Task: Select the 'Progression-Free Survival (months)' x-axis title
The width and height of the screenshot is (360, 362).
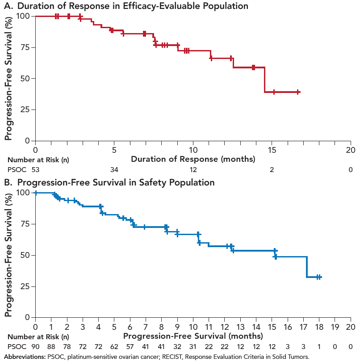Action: [x=193, y=336]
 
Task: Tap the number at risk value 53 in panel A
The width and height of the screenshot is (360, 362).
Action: [x=35, y=170]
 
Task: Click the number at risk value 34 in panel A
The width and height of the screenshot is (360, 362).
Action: [x=114, y=170]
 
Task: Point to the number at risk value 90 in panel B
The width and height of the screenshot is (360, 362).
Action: [x=35, y=347]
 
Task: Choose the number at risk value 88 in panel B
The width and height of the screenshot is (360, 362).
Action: [x=51, y=347]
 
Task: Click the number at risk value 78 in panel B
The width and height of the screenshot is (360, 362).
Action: [x=67, y=347]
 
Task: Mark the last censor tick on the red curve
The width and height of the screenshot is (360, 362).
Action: [x=297, y=92]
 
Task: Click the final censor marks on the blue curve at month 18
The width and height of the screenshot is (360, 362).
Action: [x=319, y=277]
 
